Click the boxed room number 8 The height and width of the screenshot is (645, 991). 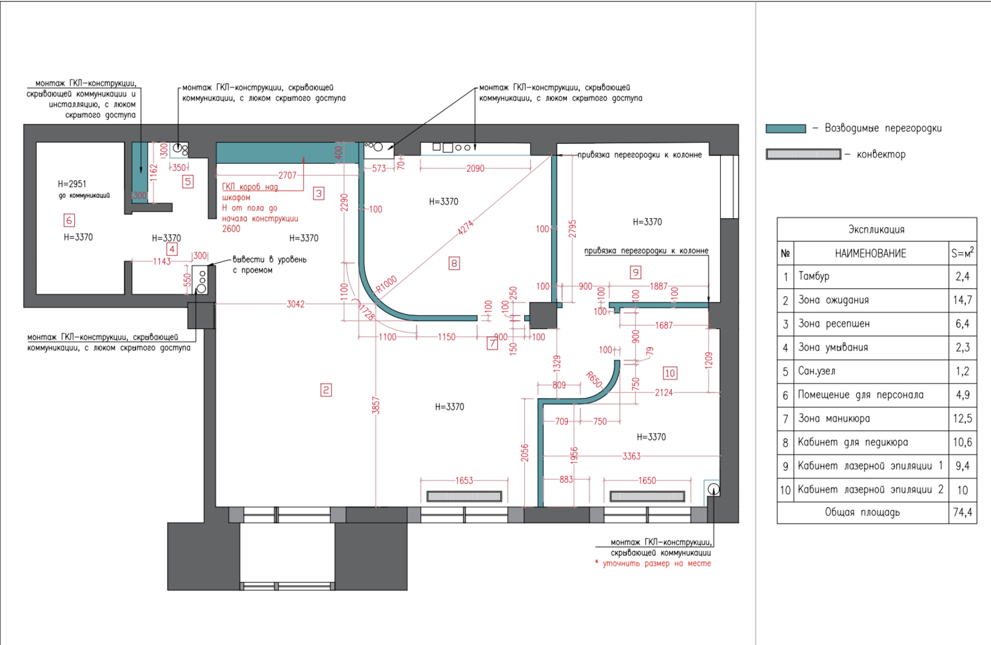454,263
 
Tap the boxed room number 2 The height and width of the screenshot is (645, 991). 326,390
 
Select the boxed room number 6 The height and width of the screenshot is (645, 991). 69,220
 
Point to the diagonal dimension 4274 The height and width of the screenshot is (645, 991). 466,228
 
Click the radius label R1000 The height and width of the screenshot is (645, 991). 386,284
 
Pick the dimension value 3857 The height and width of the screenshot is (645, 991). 376,406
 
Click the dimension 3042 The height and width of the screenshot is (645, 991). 295,304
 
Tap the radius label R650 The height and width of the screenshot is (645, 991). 594,379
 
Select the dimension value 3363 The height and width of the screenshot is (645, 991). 631,456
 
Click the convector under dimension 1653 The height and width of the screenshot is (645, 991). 464,496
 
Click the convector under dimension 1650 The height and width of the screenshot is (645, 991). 647,496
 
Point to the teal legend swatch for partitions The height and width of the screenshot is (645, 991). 786,129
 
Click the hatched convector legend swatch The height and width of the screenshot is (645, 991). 803,154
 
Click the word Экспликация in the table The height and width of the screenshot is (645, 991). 876,230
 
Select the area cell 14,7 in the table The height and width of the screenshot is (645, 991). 962,300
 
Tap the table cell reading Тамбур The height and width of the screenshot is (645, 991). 814,276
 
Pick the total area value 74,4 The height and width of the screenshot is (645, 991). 962,512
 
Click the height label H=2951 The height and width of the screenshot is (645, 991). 72,184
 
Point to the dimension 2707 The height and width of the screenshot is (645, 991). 287,175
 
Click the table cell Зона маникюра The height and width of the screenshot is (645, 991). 834,419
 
